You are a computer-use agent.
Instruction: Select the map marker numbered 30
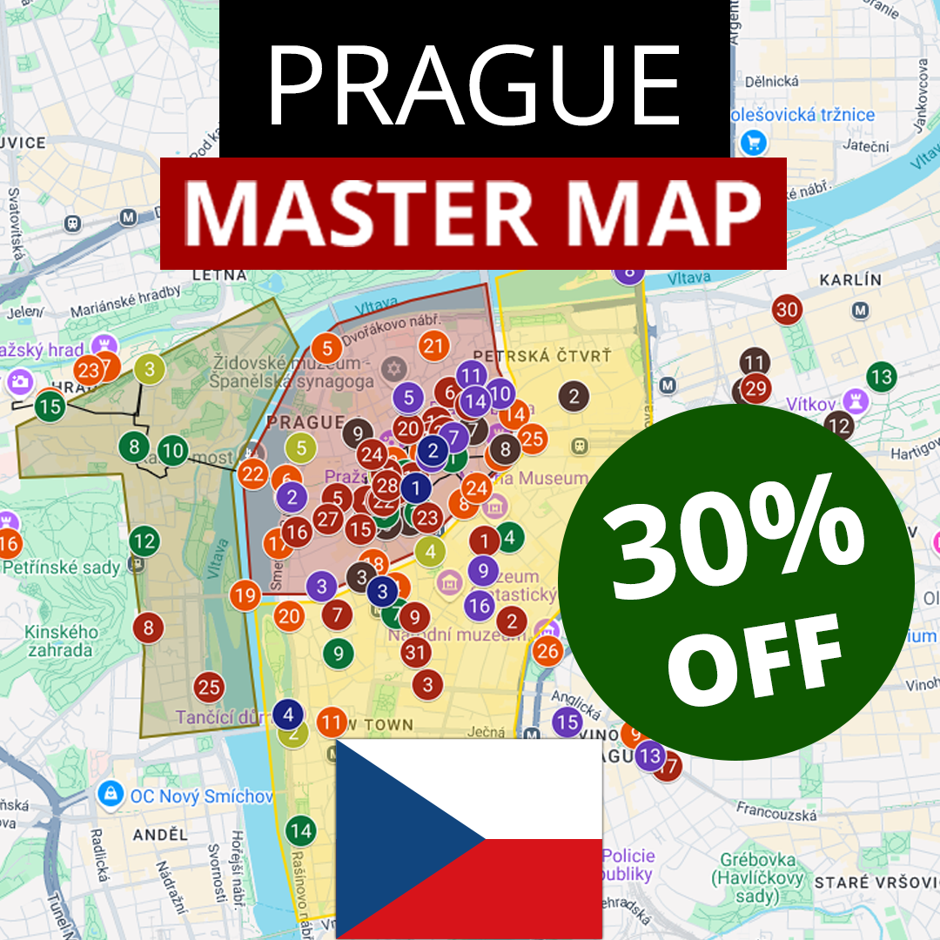click(787, 309)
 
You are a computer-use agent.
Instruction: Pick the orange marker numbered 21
click(433, 346)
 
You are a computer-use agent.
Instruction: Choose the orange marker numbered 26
click(547, 650)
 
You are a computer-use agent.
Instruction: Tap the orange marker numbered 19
click(245, 596)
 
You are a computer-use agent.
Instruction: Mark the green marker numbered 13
click(882, 377)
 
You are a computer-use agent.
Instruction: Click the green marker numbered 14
click(300, 830)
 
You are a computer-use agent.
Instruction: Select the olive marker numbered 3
click(150, 369)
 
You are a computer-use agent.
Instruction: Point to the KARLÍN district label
click(850, 280)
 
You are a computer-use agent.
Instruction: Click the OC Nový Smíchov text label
click(201, 796)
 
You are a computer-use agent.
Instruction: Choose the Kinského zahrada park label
click(59, 640)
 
